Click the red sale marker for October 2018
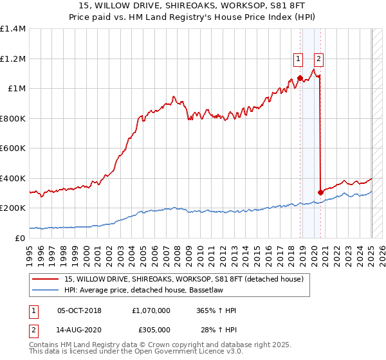pyautogui.click(x=300, y=78)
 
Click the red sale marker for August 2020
pyautogui.click(x=320, y=192)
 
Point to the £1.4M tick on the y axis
pyautogui.click(x=13, y=29)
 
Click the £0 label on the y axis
pyautogui.click(x=19, y=238)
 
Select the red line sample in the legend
pyautogui.click(x=46, y=278)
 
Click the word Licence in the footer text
pyautogui.click(x=184, y=352)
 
